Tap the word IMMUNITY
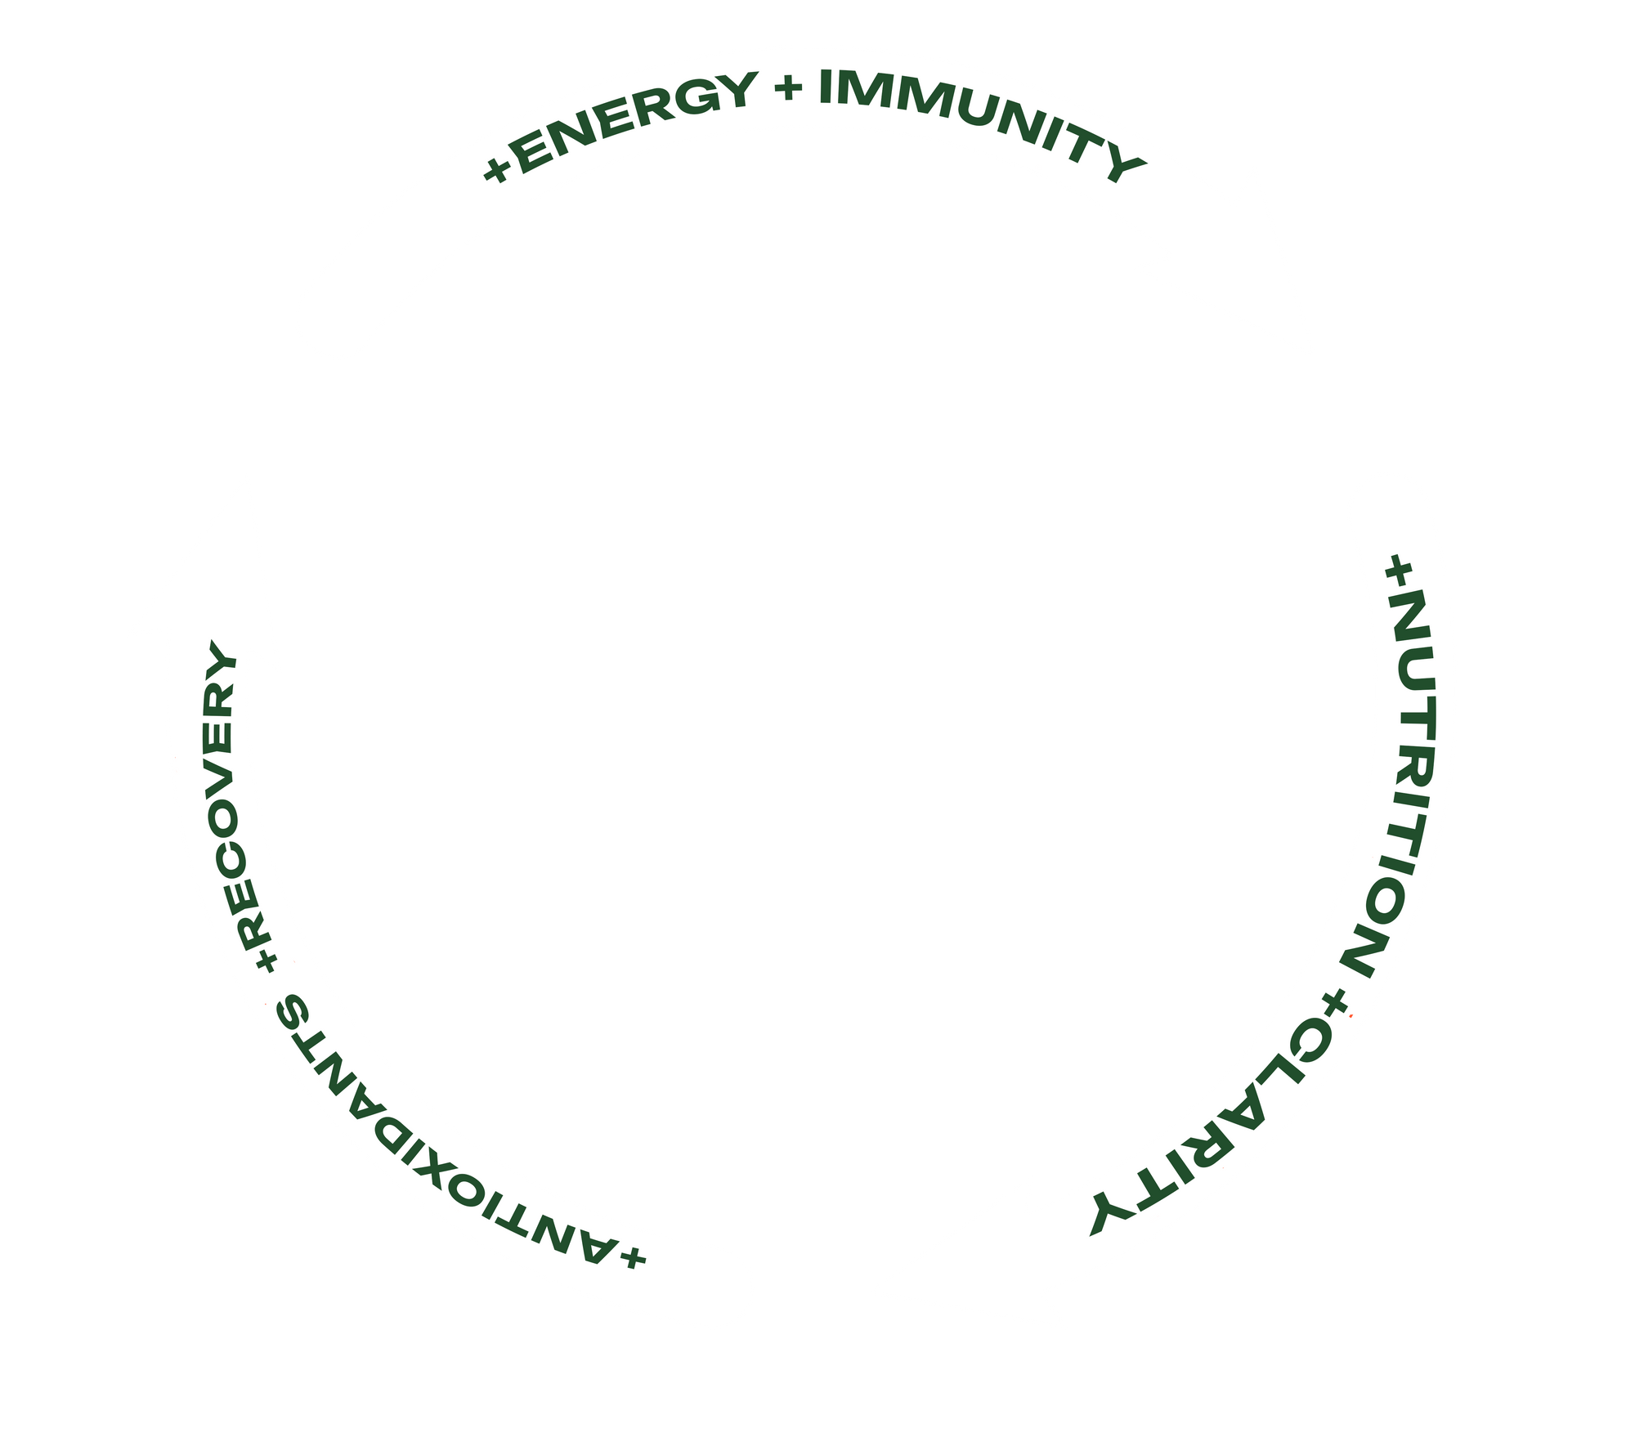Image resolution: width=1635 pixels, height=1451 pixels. click(x=977, y=119)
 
